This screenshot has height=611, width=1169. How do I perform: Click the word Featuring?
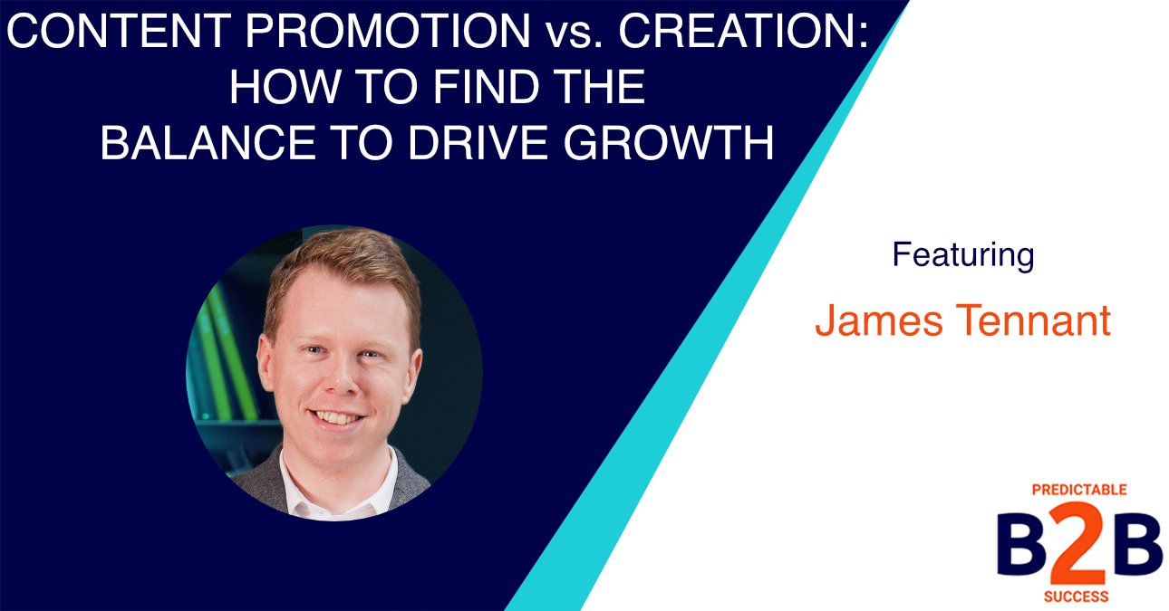pyautogui.click(x=962, y=255)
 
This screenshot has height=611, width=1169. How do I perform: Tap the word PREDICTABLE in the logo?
pyautogui.click(x=1079, y=490)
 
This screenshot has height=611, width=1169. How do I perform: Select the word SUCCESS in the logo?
pyautogui.click(x=1079, y=597)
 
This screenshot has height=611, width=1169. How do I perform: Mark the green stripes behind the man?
pyautogui.click(x=227, y=353)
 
